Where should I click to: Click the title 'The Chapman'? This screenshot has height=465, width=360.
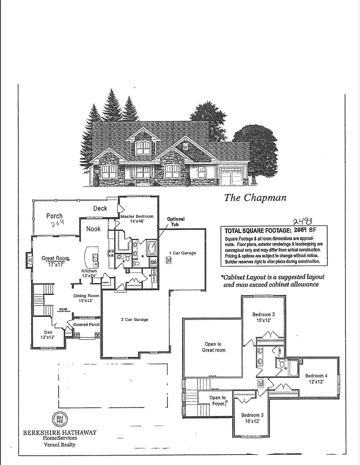(255, 198)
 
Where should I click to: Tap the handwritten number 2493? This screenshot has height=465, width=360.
(303, 221)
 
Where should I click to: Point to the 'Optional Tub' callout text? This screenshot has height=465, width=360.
(176, 222)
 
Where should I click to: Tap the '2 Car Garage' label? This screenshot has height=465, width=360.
(135, 319)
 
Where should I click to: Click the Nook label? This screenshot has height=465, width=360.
(93, 229)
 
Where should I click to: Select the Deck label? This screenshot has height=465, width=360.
(100, 208)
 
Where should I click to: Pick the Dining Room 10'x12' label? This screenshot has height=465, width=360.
(86, 298)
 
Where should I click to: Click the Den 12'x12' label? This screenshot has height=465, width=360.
(48, 335)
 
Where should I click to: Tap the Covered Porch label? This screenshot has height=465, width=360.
(86, 325)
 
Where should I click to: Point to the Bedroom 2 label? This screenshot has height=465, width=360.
(263, 317)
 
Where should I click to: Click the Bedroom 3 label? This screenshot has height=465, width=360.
(252, 418)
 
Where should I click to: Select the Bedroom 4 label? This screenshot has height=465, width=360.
(316, 378)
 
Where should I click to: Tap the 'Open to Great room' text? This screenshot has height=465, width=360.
(213, 347)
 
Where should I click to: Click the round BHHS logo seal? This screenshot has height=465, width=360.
(60, 420)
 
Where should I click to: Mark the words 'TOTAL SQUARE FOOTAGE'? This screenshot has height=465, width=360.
(258, 231)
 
